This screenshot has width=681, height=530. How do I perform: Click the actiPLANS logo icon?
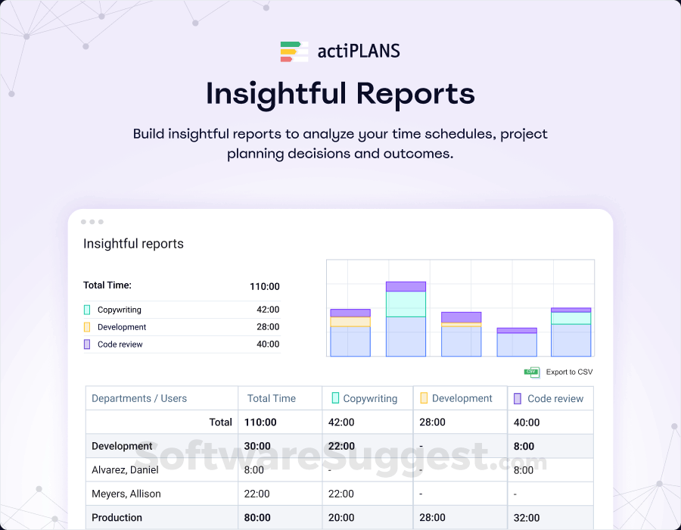pyautogui.click(x=294, y=51)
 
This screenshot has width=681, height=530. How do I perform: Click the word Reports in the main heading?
pyautogui.click(x=416, y=94)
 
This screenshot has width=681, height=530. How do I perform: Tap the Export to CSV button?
pyautogui.click(x=559, y=372)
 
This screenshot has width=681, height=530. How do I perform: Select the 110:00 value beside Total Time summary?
pyautogui.click(x=264, y=286)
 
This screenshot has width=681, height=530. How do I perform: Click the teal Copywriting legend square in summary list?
pyautogui.click(x=87, y=310)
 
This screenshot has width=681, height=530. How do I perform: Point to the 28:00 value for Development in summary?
pyautogui.click(x=268, y=327)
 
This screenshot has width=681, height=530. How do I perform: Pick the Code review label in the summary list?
pyautogui.click(x=120, y=344)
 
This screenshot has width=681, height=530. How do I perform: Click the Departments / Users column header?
pyautogui.click(x=139, y=398)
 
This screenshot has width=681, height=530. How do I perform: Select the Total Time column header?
pyautogui.click(x=272, y=398)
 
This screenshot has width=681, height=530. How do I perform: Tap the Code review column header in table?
pyautogui.click(x=555, y=398)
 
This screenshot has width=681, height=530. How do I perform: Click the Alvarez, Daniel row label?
pyautogui.click(x=125, y=470)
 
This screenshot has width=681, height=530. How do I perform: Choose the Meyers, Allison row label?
pyautogui.click(x=126, y=494)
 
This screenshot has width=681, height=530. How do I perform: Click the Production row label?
pyautogui.click(x=117, y=518)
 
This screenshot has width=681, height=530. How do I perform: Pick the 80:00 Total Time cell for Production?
pyautogui.click(x=257, y=518)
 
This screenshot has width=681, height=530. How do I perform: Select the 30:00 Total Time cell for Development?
pyautogui.click(x=257, y=447)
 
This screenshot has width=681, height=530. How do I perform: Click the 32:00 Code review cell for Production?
pyautogui.click(x=527, y=518)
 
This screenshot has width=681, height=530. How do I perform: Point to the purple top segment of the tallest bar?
pyautogui.click(x=406, y=286)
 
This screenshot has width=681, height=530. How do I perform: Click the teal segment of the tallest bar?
pyautogui.click(x=406, y=304)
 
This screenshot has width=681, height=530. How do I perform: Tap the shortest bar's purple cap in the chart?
pyautogui.click(x=517, y=330)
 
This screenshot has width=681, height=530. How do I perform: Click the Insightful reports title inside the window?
pyautogui.click(x=133, y=244)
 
